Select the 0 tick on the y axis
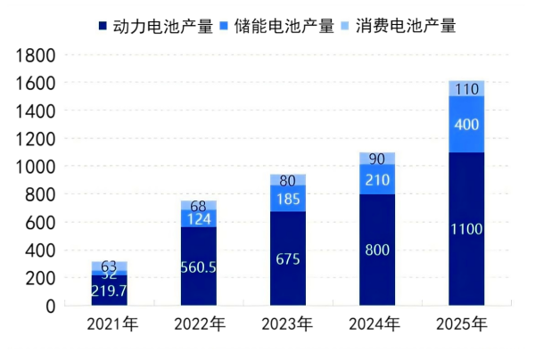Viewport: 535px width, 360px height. pyautogui.click(x=49, y=306)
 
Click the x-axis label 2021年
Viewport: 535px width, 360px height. pyautogui.click(x=109, y=324)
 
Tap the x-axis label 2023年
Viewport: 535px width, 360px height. pyautogui.click(x=287, y=324)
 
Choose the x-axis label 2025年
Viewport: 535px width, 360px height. pyautogui.click(x=465, y=324)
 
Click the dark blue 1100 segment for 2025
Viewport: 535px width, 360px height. pyautogui.click(x=465, y=229)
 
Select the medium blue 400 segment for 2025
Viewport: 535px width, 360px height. pyautogui.click(x=465, y=124)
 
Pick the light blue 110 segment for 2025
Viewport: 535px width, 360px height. pyautogui.click(x=465, y=88)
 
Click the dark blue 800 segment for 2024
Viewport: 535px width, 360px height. pyautogui.click(x=376, y=250)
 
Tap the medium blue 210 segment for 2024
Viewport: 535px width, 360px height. pyautogui.click(x=376, y=180)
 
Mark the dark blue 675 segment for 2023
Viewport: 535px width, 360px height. pyautogui.click(x=287, y=258)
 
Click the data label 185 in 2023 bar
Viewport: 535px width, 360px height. pyautogui.click(x=287, y=198)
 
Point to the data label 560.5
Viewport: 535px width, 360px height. pyautogui.click(x=198, y=266)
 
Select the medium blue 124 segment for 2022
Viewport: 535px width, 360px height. pyautogui.click(x=198, y=218)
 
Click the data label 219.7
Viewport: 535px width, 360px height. pyautogui.click(x=109, y=290)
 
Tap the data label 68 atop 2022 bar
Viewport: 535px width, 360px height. pyautogui.click(x=198, y=206)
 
